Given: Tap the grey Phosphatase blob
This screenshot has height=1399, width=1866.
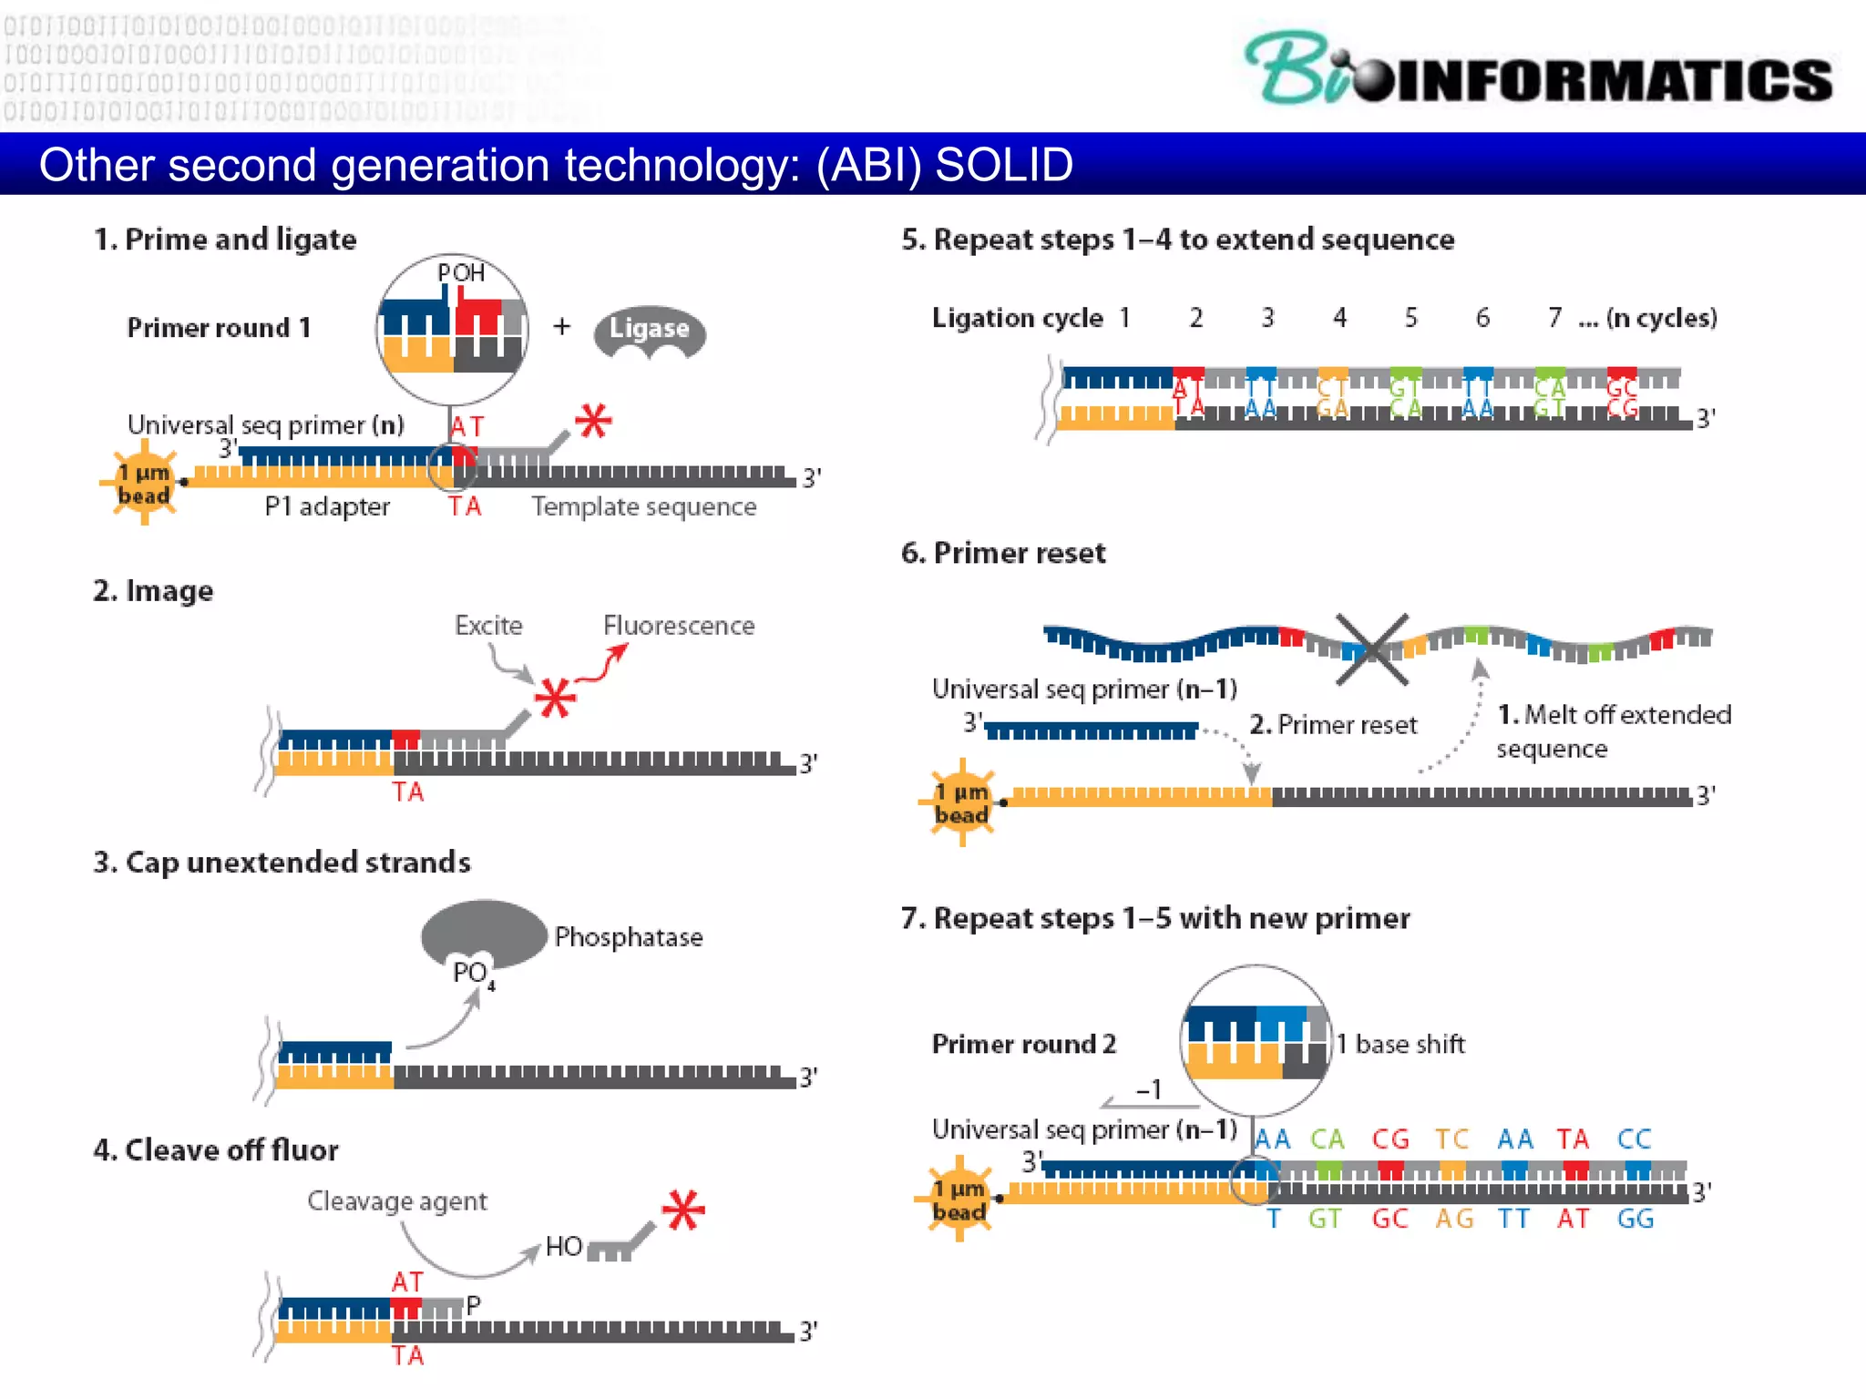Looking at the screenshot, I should tap(483, 931).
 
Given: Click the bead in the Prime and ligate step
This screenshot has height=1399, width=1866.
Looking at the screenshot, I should tap(144, 483).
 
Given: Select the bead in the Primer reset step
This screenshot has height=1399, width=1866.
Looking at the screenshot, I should tap(962, 802).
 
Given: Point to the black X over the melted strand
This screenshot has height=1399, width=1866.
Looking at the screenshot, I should tap(1372, 649).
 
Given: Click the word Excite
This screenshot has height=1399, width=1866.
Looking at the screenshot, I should tap(488, 626).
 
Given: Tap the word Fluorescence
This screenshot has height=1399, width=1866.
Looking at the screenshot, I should tap(679, 626).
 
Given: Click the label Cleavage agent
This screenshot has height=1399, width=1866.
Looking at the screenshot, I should tap(396, 1201).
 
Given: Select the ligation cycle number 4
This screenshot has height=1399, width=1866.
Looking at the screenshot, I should tap(1339, 318).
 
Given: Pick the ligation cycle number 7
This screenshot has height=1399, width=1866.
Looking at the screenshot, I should tap(1554, 318).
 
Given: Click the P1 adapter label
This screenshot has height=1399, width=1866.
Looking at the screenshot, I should tap(327, 506).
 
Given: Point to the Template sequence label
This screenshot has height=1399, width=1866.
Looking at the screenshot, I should tap(643, 506).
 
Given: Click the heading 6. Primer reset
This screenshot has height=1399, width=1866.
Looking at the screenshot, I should tap(1002, 553).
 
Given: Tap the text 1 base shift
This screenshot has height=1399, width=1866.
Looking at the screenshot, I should tap(1401, 1044).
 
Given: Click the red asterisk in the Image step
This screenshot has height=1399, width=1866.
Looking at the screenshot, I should tap(555, 699).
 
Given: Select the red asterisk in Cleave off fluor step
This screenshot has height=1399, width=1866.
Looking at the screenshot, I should tap(683, 1210).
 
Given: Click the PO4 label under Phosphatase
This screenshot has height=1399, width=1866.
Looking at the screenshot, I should tap(473, 974).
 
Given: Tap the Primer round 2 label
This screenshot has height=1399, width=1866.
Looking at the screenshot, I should tap(1023, 1044).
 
